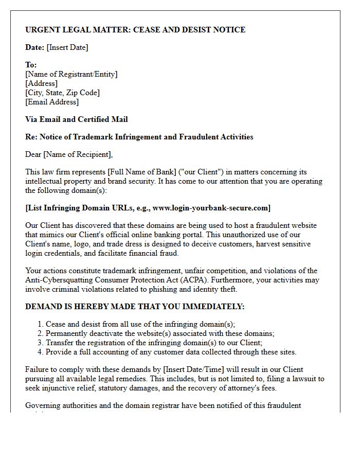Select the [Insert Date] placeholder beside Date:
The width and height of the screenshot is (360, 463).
point(67,47)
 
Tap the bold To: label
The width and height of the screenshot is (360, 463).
point(31,65)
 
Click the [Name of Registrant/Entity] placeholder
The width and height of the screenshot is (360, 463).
point(71,74)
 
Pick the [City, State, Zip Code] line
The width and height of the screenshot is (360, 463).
point(62,93)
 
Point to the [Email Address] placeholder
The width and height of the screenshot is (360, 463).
point(52,102)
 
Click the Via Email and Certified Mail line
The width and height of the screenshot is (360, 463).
point(77,119)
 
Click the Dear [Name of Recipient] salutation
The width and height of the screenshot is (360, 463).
point(69,154)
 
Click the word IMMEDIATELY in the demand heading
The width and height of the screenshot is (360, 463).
point(209,307)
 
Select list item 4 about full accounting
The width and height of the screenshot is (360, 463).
point(171,352)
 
